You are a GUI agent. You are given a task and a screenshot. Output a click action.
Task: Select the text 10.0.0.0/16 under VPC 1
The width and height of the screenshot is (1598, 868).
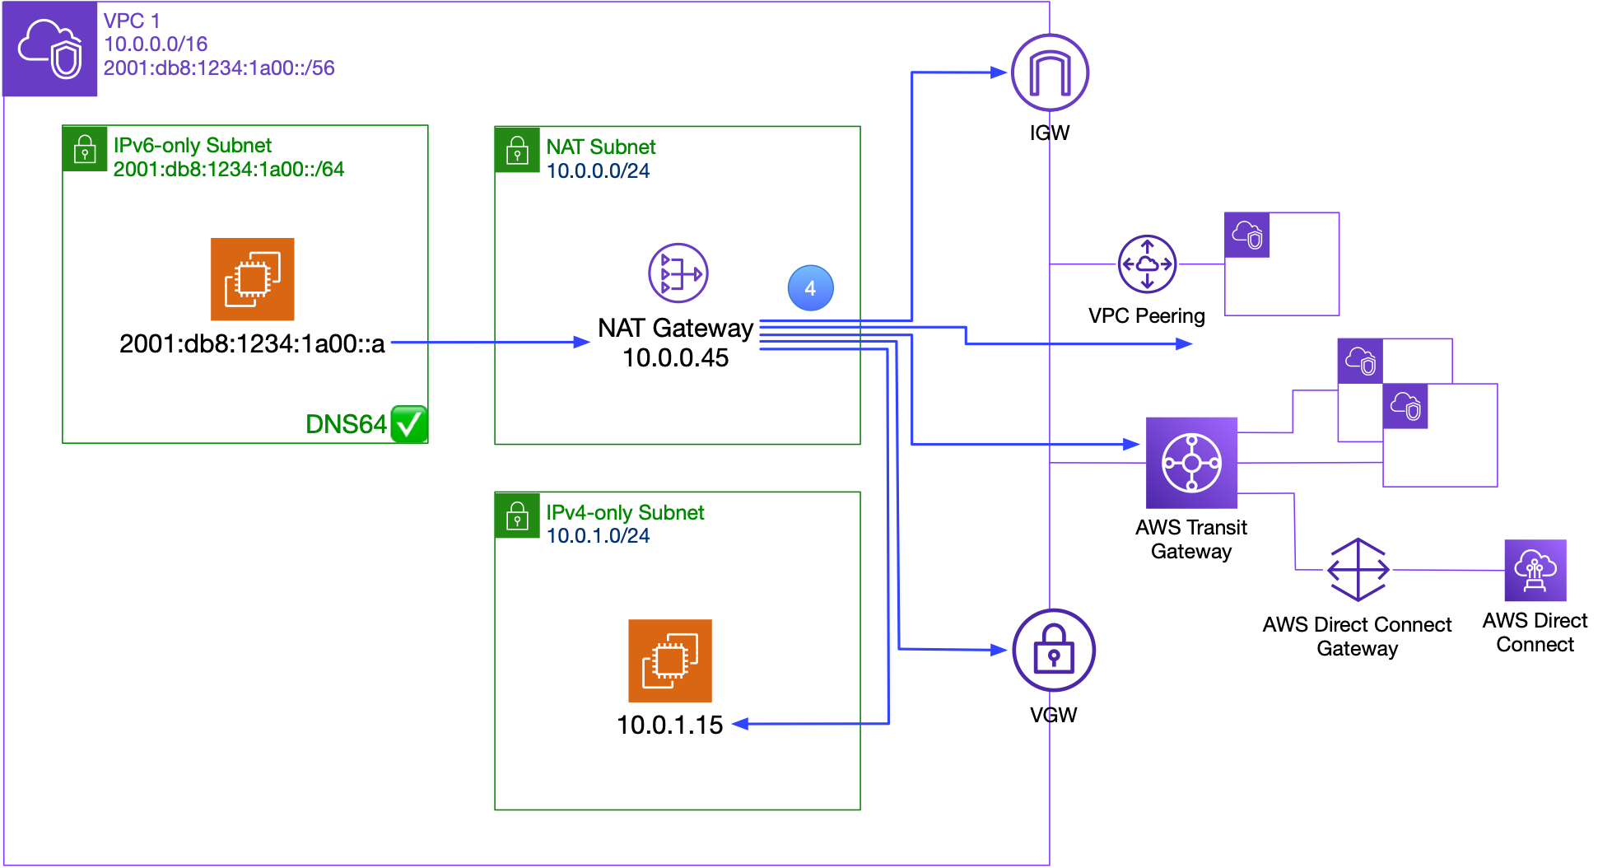(x=156, y=44)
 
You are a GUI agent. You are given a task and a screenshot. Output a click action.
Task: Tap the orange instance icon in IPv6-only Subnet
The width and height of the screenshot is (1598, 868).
(x=253, y=279)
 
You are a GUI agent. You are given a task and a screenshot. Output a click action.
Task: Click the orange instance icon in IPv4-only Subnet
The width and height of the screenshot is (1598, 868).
(x=669, y=660)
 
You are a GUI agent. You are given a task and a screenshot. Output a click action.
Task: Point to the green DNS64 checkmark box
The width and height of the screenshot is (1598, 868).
(x=409, y=424)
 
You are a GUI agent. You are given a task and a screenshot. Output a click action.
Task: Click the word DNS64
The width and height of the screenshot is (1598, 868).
(x=345, y=424)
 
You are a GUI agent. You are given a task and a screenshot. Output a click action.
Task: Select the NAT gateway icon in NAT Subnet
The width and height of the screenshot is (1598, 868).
(x=678, y=273)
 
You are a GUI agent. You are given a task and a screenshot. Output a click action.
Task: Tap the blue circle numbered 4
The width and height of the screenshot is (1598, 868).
(x=810, y=288)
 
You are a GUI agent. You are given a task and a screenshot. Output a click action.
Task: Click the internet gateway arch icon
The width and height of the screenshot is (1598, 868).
(x=1050, y=72)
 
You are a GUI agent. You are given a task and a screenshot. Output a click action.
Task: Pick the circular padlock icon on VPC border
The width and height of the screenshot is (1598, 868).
(x=1053, y=650)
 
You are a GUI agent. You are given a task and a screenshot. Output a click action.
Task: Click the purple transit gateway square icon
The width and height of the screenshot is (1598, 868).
(x=1191, y=463)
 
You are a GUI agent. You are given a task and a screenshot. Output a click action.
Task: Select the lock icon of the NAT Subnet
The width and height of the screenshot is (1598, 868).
(x=517, y=151)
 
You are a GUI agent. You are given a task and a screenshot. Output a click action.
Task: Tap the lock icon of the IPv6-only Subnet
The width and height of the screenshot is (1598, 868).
(x=85, y=149)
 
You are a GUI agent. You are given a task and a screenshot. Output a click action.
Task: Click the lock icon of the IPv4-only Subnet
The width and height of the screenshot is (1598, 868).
(x=517, y=516)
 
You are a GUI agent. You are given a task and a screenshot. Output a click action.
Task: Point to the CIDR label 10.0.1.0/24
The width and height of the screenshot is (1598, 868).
(x=598, y=536)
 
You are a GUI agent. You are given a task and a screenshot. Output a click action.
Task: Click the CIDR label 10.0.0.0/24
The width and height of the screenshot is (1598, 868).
(x=598, y=171)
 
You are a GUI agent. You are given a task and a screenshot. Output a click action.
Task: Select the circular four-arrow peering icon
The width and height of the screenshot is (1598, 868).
(x=1147, y=264)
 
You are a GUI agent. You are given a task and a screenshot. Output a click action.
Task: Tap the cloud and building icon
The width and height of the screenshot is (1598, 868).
(x=1535, y=571)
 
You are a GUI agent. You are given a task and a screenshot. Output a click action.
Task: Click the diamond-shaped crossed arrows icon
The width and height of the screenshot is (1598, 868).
(x=1358, y=570)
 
